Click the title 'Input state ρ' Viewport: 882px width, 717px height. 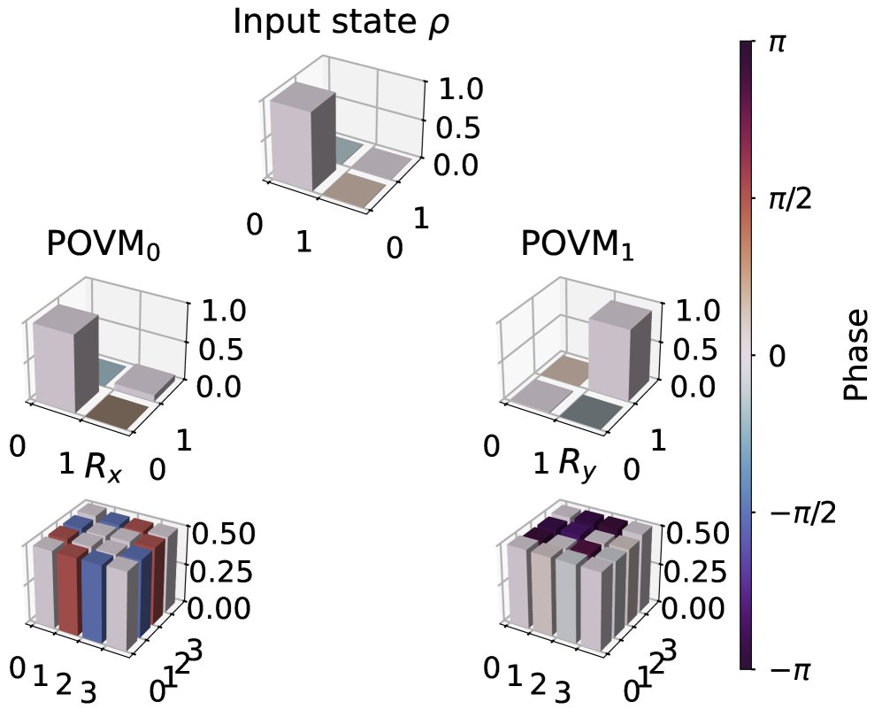(341, 22)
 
